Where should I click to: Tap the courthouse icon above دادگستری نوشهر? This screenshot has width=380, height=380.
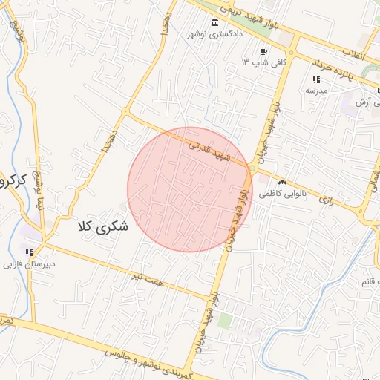pyautogui.click(x=215, y=22)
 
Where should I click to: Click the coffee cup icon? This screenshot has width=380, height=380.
pyautogui.click(x=264, y=51)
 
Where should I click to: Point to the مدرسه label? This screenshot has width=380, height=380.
pyautogui.click(x=315, y=90)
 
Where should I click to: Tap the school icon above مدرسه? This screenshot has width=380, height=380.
pyautogui.click(x=315, y=79)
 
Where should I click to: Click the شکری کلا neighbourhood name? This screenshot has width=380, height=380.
pyautogui.click(x=102, y=226)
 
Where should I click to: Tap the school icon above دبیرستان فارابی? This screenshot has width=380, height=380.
pyautogui.click(x=30, y=252)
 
